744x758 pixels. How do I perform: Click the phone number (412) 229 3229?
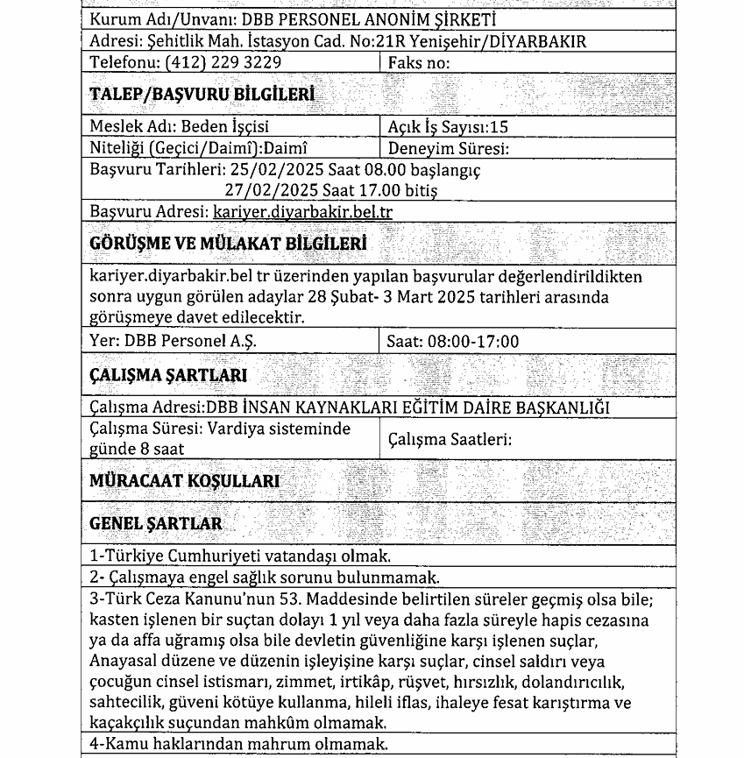point(226,63)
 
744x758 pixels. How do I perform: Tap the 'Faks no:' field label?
point(419,63)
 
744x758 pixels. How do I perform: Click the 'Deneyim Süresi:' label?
point(449,148)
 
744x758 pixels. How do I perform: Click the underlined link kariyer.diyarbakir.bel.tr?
point(302,212)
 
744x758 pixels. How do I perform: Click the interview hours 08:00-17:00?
point(472,341)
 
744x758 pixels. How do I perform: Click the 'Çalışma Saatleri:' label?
point(449,439)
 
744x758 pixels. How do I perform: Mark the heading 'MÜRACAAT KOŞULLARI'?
point(185,481)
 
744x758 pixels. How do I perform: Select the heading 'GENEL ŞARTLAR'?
point(156,523)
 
